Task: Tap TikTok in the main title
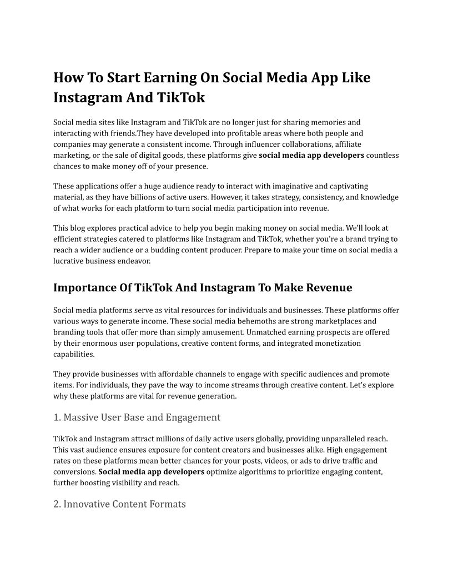[182, 98]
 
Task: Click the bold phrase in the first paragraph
[311, 155]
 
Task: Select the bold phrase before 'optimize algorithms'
[152, 472]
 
